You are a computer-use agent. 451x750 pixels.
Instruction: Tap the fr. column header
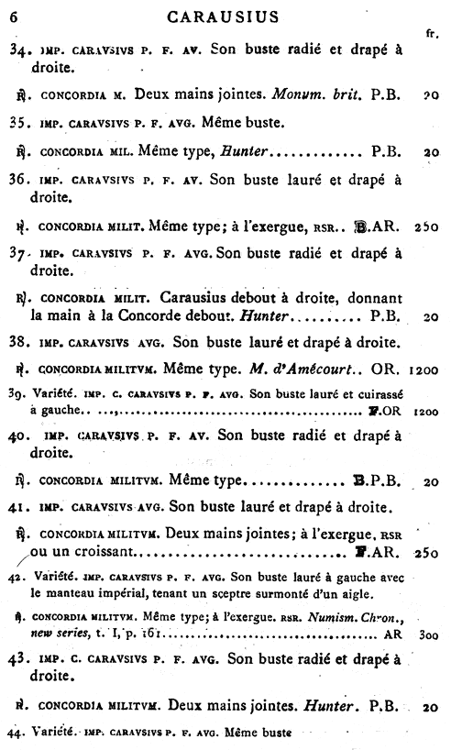click(x=430, y=34)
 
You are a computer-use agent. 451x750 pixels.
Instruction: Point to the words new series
click(x=54, y=634)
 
